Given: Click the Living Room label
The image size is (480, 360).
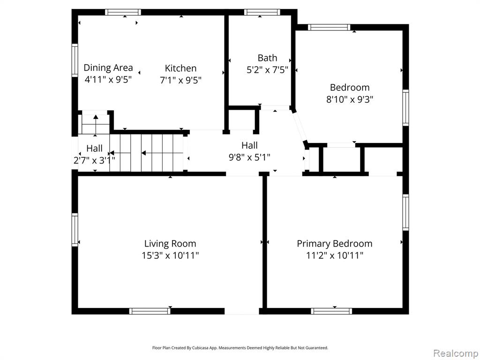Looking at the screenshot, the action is click(x=170, y=244).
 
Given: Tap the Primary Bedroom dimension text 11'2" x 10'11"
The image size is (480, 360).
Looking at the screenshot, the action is click(x=335, y=255).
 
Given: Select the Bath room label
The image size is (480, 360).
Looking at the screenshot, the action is click(x=267, y=58).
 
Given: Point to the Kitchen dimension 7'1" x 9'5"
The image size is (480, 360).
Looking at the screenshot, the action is click(x=180, y=81).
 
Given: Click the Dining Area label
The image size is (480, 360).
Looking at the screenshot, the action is click(x=108, y=67).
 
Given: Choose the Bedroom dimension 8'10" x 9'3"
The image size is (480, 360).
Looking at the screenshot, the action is click(x=350, y=99).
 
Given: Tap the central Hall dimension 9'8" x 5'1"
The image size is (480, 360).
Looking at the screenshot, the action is click(x=249, y=157).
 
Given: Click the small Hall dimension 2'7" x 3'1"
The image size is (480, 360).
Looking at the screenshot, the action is click(x=94, y=160).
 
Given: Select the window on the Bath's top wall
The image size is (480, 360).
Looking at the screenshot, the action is click(x=262, y=12).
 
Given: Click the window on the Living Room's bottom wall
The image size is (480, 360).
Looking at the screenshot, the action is click(x=150, y=311).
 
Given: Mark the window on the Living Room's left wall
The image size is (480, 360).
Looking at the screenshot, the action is click(x=75, y=230).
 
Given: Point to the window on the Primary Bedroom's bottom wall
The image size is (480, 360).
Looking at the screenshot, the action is click(x=331, y=311).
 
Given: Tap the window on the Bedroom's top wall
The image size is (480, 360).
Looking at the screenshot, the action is click(x=329, y=27).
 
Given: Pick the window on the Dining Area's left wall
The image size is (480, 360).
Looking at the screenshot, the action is click(x=75, y=60).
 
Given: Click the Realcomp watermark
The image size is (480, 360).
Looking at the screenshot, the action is click(x=456, y=353).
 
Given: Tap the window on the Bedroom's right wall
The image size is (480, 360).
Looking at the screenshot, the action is click(x=405, y=108).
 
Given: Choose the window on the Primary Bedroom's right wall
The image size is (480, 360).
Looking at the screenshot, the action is click(x=405, y=212).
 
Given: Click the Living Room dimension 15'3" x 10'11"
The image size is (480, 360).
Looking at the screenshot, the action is click(x=170, y=255).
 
